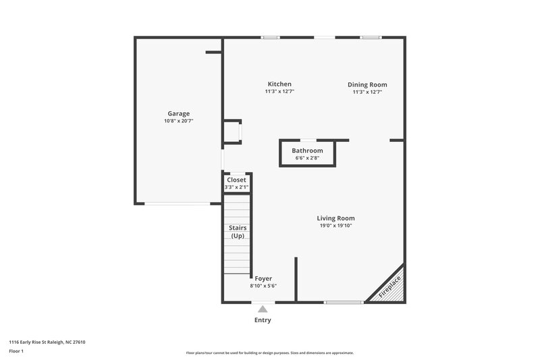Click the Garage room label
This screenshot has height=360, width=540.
[178, 113]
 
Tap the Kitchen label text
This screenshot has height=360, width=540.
[279, 84]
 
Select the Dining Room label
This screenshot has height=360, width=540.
[367, 84]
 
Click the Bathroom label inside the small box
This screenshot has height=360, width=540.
[307, 151]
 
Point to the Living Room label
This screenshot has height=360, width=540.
[335, 218]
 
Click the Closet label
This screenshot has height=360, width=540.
[236, 180]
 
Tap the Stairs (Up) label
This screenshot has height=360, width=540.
[237, 232]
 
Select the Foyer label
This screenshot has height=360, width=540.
[263, 278]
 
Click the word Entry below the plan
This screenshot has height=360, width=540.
[263, 320]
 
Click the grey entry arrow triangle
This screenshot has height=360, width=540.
[263, 309]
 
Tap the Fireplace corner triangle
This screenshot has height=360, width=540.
[391, 287]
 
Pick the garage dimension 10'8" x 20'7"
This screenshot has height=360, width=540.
[178, 122]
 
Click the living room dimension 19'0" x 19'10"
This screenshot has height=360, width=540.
[335, 226]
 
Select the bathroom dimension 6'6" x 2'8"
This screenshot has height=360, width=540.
[307, 158]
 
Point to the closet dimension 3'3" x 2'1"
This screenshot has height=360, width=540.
[236, 187]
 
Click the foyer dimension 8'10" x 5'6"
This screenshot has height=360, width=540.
[263, 286]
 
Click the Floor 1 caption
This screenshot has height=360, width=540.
[16, 351]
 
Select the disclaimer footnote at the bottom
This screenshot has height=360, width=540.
[270, 353]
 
